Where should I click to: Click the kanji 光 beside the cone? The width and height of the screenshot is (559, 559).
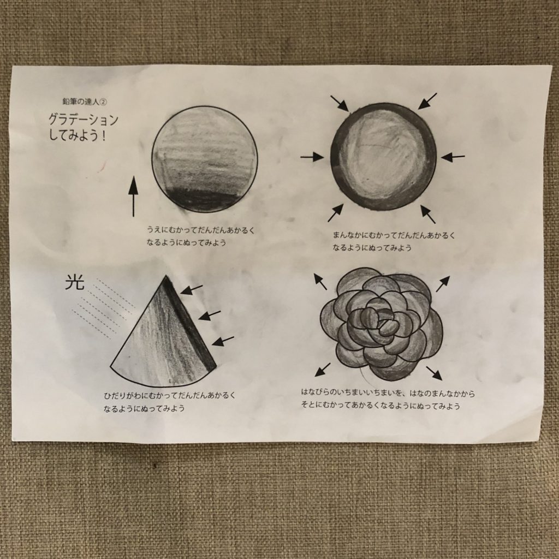coord(75,283)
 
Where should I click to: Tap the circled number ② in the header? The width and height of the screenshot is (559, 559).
coord(103,102)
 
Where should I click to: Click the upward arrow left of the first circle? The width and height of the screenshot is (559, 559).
coord(133,196)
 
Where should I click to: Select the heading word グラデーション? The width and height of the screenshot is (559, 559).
coord(83,120)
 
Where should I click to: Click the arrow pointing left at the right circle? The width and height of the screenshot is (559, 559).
coord(453,157)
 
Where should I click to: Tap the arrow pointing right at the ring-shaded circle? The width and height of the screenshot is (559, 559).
coord(312,157)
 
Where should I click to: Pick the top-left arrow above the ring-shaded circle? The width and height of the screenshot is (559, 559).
coord(340,103)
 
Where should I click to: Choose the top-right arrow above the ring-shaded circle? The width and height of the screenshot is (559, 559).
coord(427,101)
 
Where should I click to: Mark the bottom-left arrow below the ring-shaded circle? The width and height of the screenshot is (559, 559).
coord(336,212)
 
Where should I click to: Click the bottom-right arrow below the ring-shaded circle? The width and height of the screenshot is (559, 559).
coord(428,214)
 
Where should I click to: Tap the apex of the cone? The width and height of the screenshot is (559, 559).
coord(166,276)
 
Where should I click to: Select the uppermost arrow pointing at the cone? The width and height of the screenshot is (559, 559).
coord(192,290)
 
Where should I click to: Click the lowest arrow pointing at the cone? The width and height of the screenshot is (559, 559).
coord(223,341)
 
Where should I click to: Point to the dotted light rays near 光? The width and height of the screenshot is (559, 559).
coord(103,308)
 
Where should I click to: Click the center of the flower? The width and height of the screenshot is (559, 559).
coord(382,322)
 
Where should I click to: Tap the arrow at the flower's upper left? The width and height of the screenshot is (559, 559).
coord(320,281)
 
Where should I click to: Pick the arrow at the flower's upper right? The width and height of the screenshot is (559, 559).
coord(443,284)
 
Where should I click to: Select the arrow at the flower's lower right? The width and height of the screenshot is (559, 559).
coord(434,373)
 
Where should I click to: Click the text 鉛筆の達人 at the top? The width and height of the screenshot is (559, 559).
coord(81,102)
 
